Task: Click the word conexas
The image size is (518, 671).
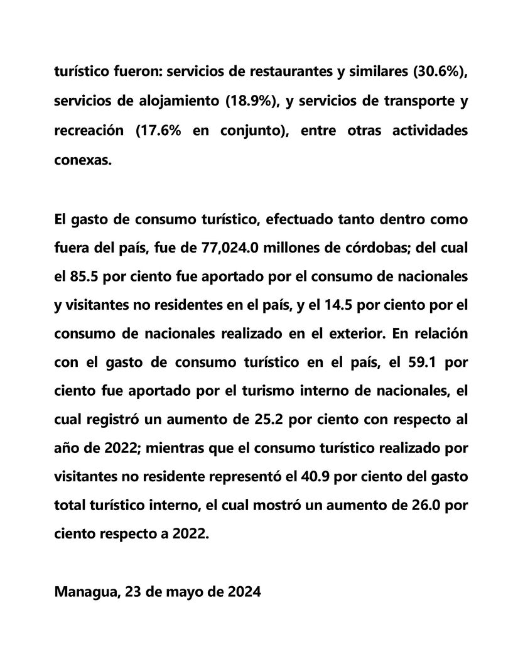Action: (x=83, y=160)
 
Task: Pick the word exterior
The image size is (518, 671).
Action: (x=355, y=334)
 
